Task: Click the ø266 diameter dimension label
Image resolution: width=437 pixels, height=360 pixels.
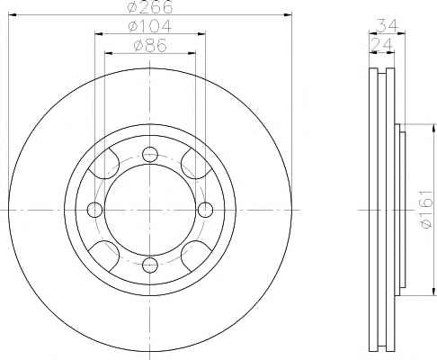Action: point(150,6)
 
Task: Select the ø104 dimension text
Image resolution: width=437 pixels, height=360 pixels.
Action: point(150,26)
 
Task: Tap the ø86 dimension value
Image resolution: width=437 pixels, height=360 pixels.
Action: point(150,46)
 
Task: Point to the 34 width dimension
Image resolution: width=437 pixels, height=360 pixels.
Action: point(387,25)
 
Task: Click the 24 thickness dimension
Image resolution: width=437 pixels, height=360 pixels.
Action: point(381,45)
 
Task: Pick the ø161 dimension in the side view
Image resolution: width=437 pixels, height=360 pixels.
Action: point(426,209)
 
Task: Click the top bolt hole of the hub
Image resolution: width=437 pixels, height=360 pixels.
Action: point(150,155)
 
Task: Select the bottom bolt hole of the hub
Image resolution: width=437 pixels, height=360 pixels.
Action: point(150,265)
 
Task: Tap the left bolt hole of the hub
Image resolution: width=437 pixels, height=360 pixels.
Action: point(94,210)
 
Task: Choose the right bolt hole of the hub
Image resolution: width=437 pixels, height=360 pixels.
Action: point(205,210)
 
